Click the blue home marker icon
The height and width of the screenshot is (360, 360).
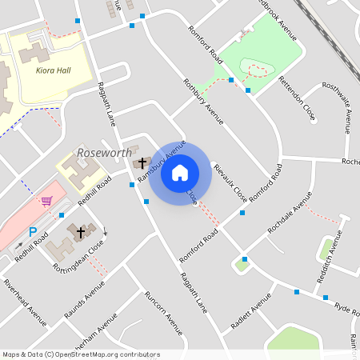pyautogui.click(x=180, y=172)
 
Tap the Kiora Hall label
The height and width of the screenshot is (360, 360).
pyautogui.click(x=54, y=70)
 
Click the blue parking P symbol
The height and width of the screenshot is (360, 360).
pyautogui.click(x=33, y=232)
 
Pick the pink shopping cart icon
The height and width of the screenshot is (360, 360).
pyautogui.click(x=46, y=201)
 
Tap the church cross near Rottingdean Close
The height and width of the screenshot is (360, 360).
pyautogui.click(x=80, y=232)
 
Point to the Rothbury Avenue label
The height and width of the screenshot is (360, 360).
pyautogui.click(x=202, y=102)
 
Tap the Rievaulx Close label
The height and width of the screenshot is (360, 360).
pyautogui.click(x=230, y=182)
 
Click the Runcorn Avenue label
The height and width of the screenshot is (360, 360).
pyautogui.click(x=163, y=312)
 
